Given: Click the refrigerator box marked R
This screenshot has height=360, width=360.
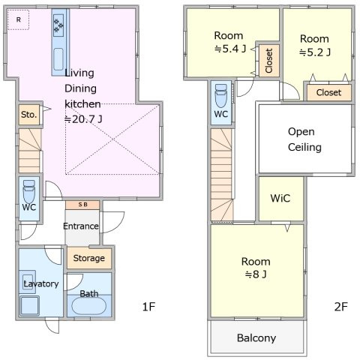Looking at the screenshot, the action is pos(18,19).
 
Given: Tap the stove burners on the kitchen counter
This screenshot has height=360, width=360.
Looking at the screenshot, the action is pos(58,25).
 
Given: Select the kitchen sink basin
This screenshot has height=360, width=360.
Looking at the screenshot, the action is pos(58,59).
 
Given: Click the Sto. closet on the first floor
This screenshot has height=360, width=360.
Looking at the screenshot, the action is pos(29,115).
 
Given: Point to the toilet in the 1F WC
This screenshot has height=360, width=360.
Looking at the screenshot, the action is pos(29,192).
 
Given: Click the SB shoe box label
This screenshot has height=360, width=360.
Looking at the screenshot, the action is pos(82,205).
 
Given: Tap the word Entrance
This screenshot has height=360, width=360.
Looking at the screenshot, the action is pos(81,226).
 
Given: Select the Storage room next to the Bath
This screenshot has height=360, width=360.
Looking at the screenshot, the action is pos(89,258).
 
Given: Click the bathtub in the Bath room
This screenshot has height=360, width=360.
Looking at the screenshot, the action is pos(88,306).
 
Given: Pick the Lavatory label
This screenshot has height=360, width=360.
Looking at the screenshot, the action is pos(41,284).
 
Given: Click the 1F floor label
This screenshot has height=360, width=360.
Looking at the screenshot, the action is pos(148,307).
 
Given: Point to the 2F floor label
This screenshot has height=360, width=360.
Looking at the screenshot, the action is pos(341,307).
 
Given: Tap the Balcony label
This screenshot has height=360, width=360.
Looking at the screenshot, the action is pos(256,338).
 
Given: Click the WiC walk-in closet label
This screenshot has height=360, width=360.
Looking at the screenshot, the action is pos(280,198).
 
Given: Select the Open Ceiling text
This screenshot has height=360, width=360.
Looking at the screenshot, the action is pos(304,139).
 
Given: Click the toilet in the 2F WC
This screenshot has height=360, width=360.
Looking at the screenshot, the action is pos(221,96).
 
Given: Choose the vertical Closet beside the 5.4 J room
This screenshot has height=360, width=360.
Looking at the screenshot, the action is pos(269,61).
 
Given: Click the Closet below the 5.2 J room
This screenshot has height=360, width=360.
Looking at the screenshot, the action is pos(328,92).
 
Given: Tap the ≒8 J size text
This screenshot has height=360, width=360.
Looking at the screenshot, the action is pos(256,274).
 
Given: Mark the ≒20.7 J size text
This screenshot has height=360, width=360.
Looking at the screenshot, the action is pos(83,119).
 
